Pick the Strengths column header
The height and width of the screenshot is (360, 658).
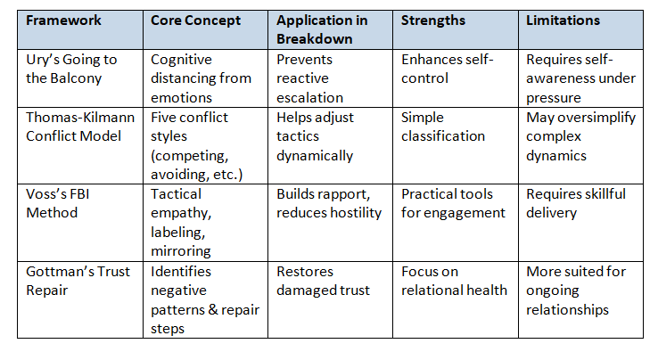pyautogui.click(x=433, y=20)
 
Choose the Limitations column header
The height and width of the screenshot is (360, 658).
pyautogui.click(x=564, y=20)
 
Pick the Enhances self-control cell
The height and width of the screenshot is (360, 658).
pyautogui.click(x=448, y=69)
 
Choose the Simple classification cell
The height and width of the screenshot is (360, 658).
pyautogui.click(x=443, y=127)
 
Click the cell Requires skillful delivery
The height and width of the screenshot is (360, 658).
pyautogui.click(x=575, y=203)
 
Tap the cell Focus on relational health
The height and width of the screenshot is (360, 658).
pyautogui.click(x=454, y=280)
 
